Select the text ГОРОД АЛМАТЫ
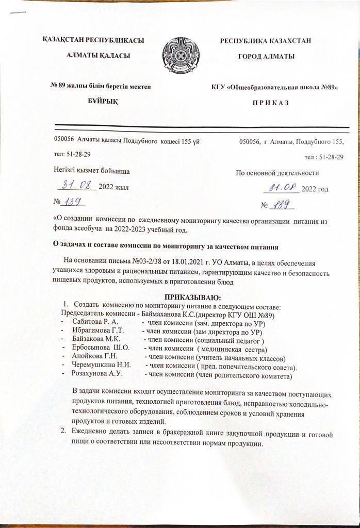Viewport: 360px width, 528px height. point(266,56)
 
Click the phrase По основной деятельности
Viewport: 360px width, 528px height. point(277,173)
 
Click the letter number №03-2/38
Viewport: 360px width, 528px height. point(136,263)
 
